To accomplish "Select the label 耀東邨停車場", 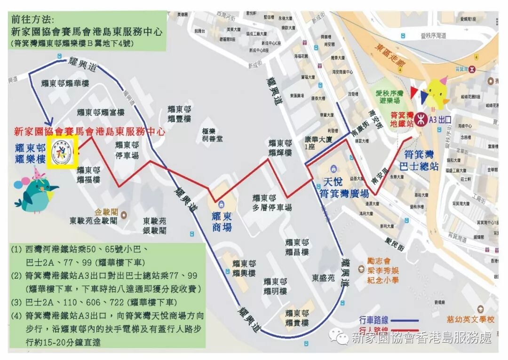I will point(127,150).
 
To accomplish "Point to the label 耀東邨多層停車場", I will point(272,203).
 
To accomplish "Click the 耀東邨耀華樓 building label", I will point(65,83).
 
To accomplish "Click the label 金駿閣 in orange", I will point(106,212).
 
